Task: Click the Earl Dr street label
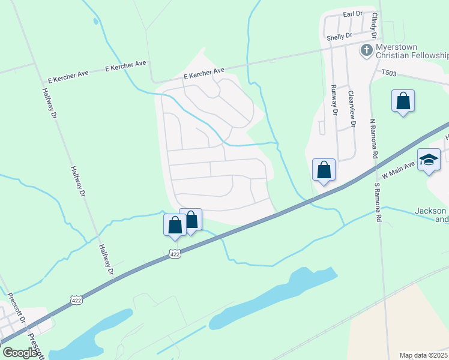353,14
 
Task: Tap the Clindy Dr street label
375,24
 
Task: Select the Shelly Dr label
339,37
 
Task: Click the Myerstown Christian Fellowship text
412,51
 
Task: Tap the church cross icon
366,50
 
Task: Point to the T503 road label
390,73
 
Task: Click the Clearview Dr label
352,109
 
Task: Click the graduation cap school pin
429,160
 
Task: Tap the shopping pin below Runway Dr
324,170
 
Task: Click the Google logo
20,353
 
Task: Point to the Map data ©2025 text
423,355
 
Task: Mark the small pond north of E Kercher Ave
96,22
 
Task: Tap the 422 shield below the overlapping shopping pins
175,254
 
